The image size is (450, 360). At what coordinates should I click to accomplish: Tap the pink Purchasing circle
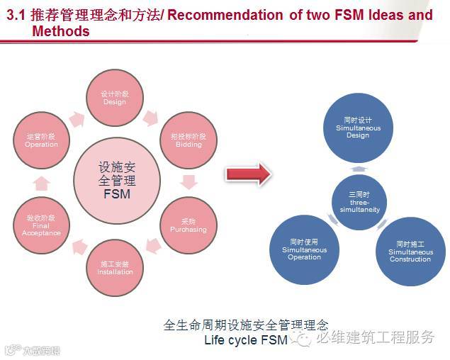(x=188, y=225)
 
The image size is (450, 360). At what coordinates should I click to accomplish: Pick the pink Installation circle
(x=115, y=267)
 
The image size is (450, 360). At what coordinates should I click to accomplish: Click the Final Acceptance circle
(x=41, y=225)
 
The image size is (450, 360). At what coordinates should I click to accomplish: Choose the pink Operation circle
(x=41, y=140)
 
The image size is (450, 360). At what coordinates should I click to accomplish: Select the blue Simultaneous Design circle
(x=358, y=128)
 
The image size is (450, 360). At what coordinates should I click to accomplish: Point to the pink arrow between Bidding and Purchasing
(x=189, y=182)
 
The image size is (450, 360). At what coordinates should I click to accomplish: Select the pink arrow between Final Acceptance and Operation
(x=41, y=183)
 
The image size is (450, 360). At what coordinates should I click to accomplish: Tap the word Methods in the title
(x=61, y=31)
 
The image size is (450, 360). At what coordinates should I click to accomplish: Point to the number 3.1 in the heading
(x=16, y=15)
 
